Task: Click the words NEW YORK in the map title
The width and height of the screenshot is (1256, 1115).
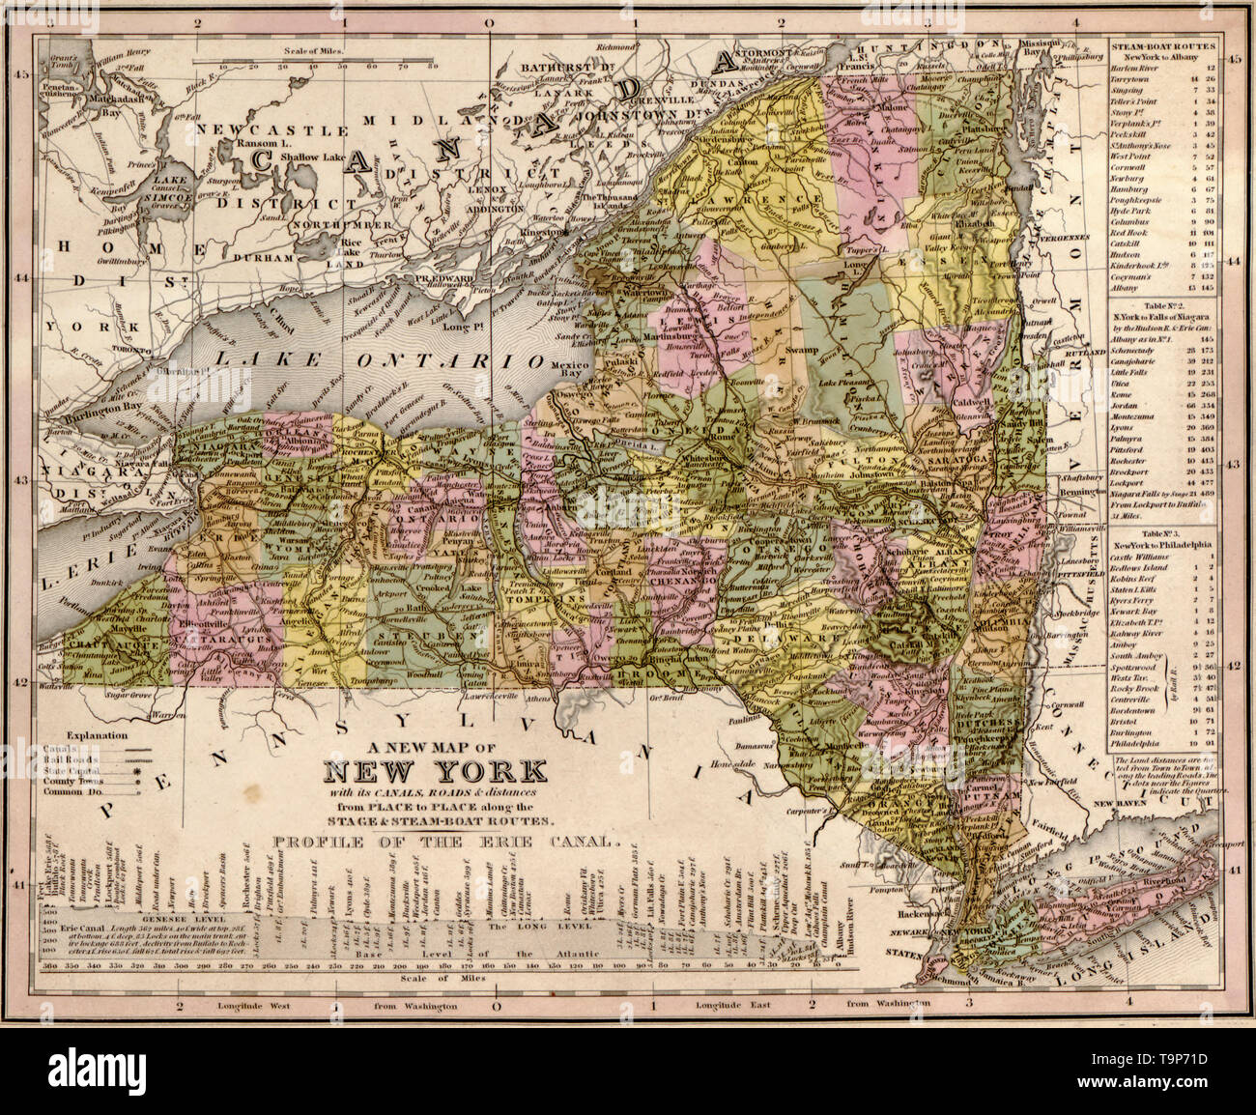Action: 434,772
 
